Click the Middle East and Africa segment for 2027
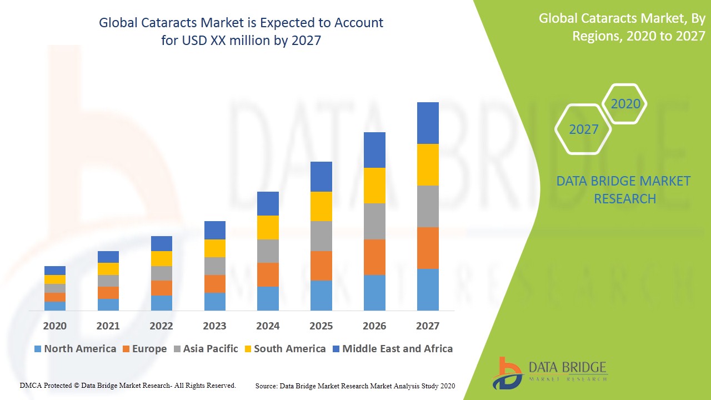click(428, 123)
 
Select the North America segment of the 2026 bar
click(374, 292)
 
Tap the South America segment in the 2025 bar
click(321, 206)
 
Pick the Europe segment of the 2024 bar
click(268, 274)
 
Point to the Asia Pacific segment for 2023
click(215, 266)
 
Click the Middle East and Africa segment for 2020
click(55, 271)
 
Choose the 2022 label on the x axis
click(161, 326)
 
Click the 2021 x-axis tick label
click(108, 326)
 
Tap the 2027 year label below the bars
click(428, 326)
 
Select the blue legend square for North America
click(38, 349)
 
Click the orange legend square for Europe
click(126, 349)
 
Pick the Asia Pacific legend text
click(211, 349)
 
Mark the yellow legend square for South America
click(248, 349)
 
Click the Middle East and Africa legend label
click(397, 349)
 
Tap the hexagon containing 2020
click(625, 104)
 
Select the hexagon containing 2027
click(584, 129)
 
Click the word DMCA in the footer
click(32, 385)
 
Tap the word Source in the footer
click(267, 386)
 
